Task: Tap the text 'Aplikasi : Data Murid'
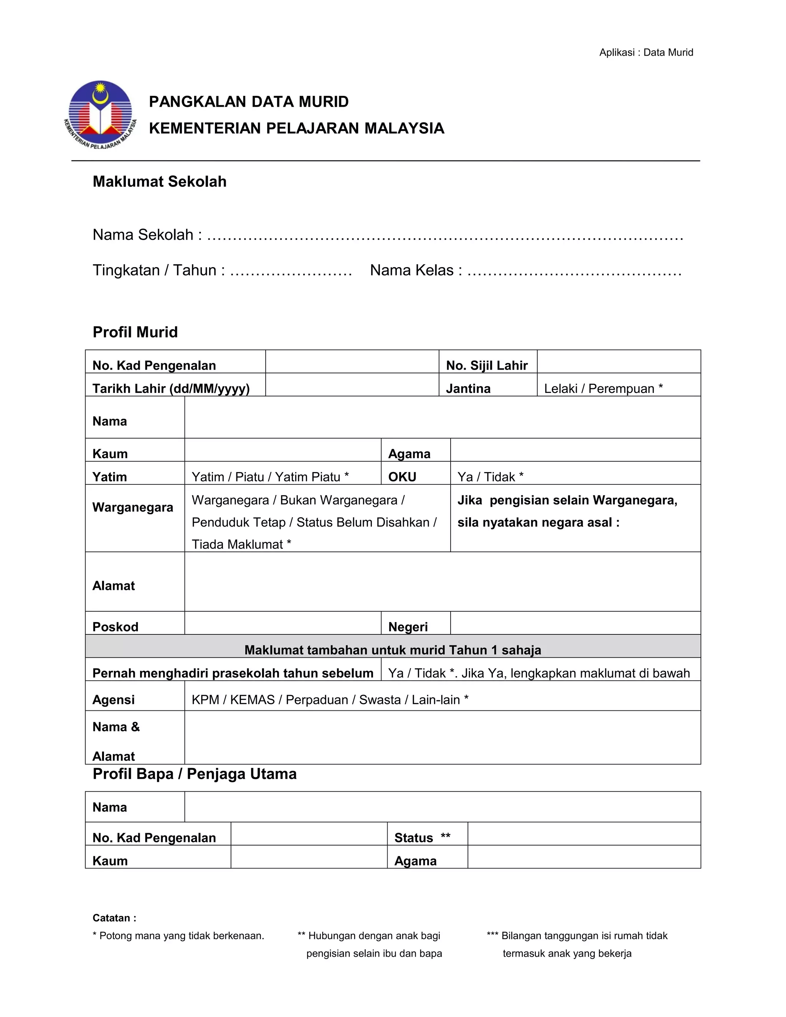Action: (646, 53)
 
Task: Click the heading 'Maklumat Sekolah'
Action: (159, 182)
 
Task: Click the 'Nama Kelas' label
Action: (416, 270)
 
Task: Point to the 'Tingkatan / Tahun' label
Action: (159, 270)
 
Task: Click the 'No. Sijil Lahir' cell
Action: (487, 365)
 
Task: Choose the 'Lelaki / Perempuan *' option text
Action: (603, 388)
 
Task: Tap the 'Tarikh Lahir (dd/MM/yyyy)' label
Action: (171, 388)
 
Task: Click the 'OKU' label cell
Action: (402, 476)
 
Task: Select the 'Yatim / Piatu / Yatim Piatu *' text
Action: (270, 476)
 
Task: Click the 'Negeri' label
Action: (408, 626)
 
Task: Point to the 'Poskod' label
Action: (116, 626)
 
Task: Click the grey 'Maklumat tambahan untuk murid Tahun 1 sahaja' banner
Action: (393, 650)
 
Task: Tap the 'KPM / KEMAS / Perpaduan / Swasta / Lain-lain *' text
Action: (330, 699)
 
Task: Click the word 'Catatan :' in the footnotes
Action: (114, 918)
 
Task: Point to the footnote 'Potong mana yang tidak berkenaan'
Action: (179, 936)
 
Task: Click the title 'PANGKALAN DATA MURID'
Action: (249, 102)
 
